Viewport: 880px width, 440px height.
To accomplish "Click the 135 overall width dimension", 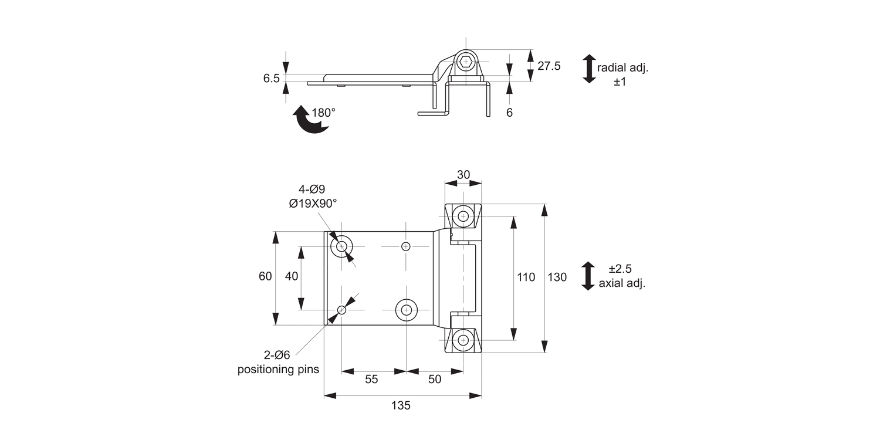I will [402, 405].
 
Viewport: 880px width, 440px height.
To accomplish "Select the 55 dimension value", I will [371, 380].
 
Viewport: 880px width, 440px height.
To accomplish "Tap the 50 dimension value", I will [435, 380].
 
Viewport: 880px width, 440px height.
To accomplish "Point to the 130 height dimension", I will [557, 277].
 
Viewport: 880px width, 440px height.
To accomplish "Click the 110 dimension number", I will [526, 277].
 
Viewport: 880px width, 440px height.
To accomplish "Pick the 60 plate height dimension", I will [265, 276].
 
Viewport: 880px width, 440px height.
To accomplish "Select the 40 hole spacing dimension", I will [292, 276].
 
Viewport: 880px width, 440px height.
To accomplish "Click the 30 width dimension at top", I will [463, 175].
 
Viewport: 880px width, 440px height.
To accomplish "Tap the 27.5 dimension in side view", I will [549, 66].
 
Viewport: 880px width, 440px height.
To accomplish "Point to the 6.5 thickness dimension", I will [271, 79].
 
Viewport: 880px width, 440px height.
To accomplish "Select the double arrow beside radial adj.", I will [589, 69].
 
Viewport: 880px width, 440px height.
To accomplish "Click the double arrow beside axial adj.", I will [588, 276].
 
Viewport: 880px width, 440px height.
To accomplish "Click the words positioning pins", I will [278, 370].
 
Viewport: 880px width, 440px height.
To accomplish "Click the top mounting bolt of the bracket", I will [463, 216].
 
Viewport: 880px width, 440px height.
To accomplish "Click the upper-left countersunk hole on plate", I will [341, 246].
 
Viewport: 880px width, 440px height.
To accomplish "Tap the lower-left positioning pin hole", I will [341, 310].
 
